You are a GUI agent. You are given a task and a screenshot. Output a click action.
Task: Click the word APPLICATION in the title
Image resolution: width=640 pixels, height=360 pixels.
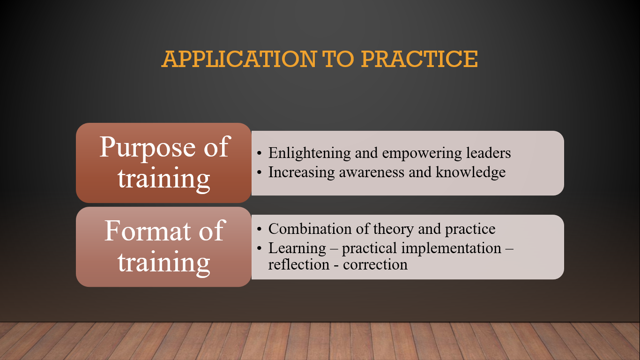(x=239, y=59)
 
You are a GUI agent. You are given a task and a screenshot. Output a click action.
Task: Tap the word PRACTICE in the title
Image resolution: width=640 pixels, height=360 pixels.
(x=419, y=59)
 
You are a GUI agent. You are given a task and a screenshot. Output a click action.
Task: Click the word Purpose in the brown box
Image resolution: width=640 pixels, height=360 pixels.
(x=148, y=148)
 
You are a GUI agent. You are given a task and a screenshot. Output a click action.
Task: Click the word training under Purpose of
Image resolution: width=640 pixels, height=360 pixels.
(x=164, y=179)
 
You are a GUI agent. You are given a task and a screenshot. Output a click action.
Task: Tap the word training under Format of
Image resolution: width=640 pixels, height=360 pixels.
(x=164, y=263)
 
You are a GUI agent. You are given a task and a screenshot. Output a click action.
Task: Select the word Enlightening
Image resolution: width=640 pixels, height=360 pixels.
(x=309, y=153)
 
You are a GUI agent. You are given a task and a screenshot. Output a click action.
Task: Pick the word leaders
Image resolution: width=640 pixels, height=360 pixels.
(x=489, y=153)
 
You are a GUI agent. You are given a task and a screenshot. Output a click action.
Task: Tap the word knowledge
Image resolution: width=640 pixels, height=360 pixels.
(x=471, y=172)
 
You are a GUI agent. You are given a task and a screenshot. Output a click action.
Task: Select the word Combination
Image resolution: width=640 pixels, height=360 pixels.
(x=310, y=229)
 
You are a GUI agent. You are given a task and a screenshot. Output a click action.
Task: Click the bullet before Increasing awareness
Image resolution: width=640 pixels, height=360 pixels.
(x=259, y=172)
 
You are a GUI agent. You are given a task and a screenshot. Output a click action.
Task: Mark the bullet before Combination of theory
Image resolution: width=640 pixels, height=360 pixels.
(x=259, y=229)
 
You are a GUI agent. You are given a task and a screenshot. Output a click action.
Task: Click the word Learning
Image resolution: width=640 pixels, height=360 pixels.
(x=297, y=248)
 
